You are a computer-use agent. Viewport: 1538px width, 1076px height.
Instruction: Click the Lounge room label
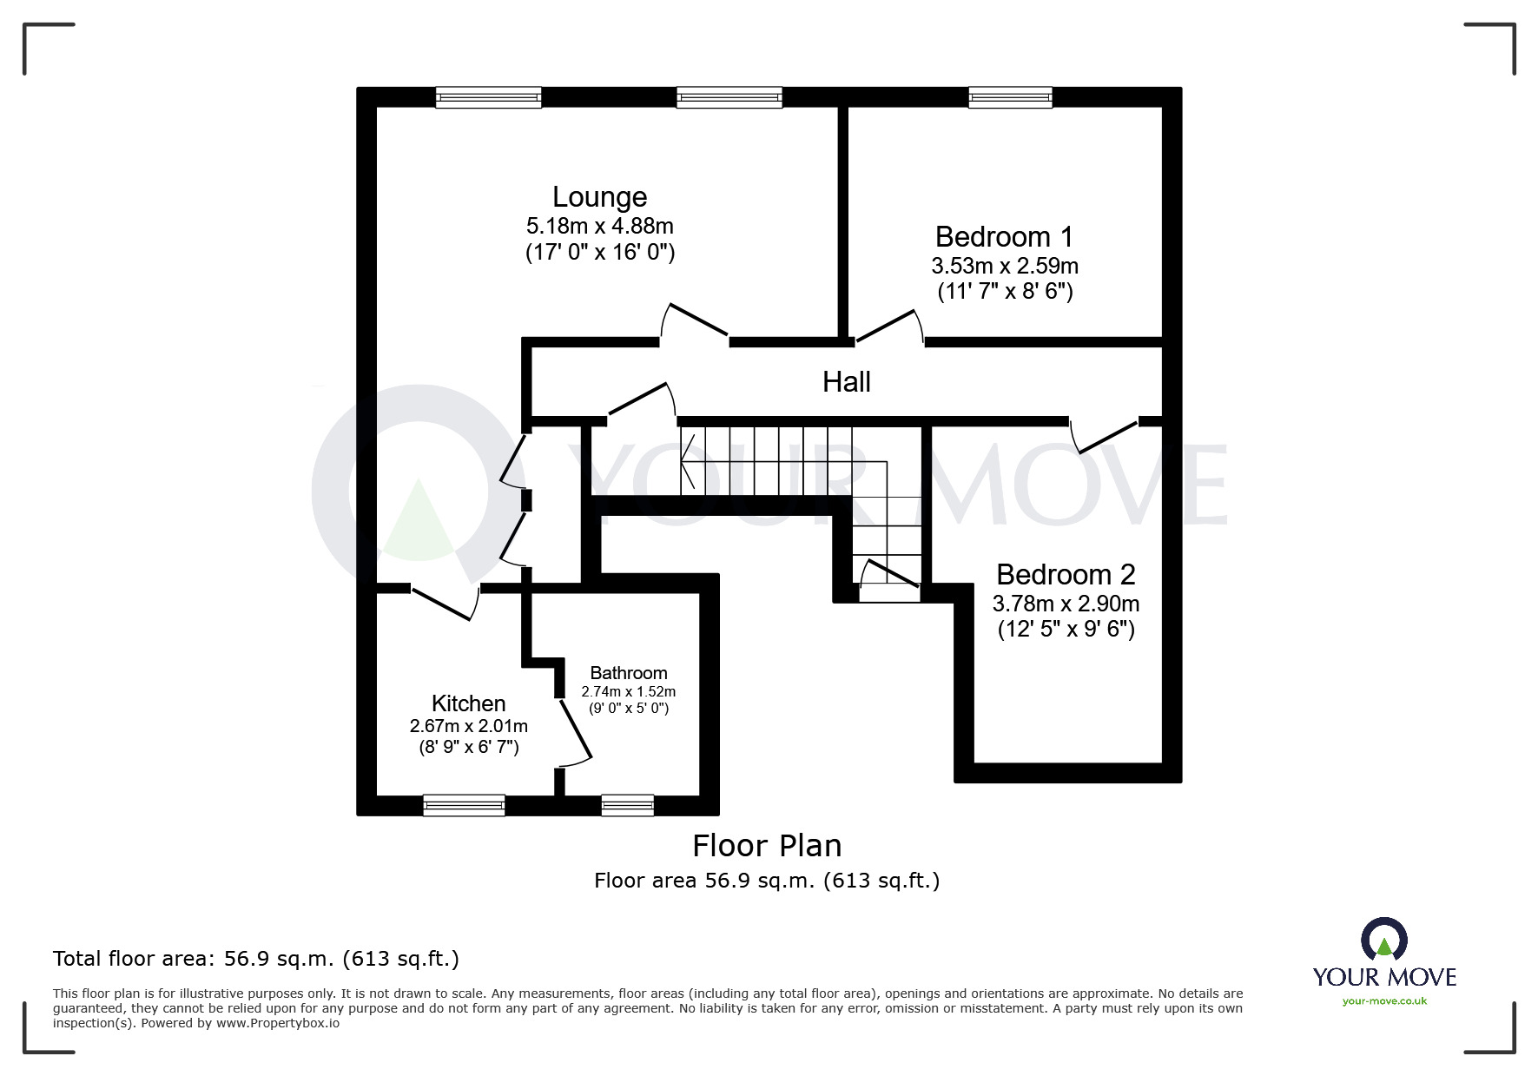tap(599, 198)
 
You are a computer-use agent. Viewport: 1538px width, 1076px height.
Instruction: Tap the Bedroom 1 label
tap(1004, 237)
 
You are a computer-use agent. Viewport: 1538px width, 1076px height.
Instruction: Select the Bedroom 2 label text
tap(1066, 575)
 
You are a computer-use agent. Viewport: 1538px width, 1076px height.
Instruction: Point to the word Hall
tap(846, 382)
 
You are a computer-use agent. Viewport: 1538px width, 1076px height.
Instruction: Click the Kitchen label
tap(468, 703)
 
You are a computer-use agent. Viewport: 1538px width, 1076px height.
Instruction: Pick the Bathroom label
tap(628, 673)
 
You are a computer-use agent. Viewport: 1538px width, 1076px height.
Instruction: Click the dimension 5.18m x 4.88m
tap(599, 227)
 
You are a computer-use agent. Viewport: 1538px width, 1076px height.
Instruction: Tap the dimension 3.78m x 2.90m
tap(1066, 604)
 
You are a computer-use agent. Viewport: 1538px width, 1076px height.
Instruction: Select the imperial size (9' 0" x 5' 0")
tap(628, 708)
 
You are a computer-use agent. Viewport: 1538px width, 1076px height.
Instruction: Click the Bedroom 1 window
tap(1010, 96)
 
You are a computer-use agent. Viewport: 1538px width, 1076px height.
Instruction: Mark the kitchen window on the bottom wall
tap(464, 805)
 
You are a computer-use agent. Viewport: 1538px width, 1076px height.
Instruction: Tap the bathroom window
tap(627, 805)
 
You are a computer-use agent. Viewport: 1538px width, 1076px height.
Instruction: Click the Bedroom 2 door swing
tap(1105, 437)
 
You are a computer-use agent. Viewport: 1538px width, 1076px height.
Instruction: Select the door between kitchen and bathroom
tap(575, 734)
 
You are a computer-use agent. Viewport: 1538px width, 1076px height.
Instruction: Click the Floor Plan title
tap(766, 846)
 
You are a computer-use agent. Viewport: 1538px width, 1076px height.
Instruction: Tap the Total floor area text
tap(255, 959)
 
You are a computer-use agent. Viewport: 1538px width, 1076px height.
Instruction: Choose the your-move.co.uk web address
tap(1384, 1001)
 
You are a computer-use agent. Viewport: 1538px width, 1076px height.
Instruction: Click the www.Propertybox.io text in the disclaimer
tap(277, 1023)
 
